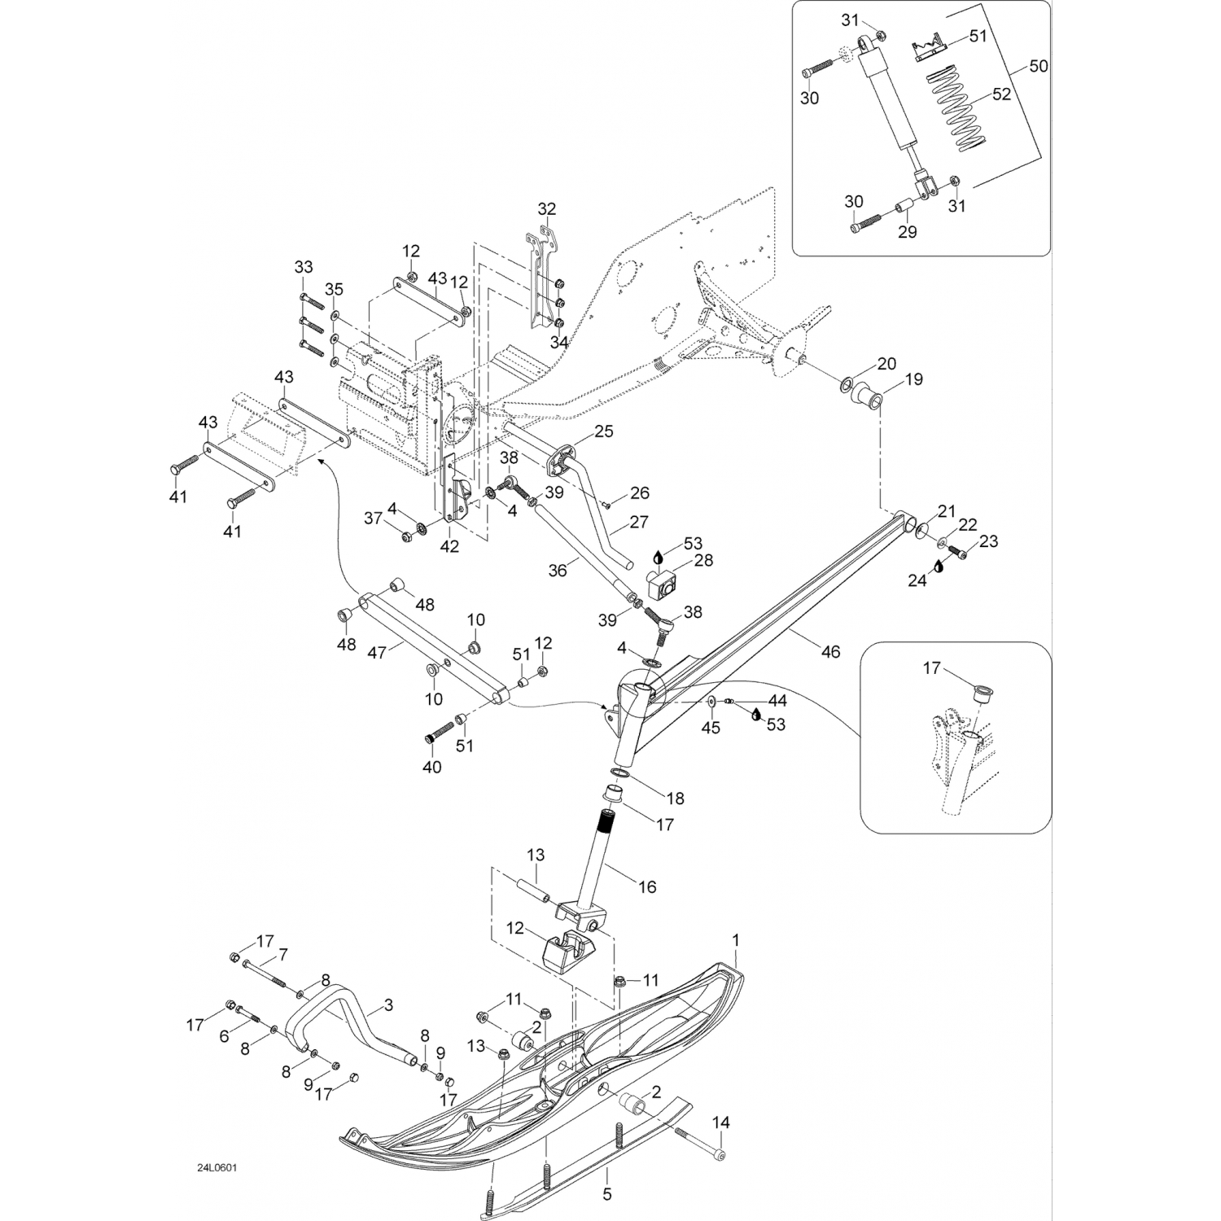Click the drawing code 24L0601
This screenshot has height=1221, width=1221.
pyautogui.click(x=217, y=1167)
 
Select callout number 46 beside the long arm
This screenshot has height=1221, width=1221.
pyautogui.click(x=830, y=651)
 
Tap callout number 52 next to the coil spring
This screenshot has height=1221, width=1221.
pyautogui.click(x=1001, y=94)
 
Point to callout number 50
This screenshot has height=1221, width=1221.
pyautogui.click(x=1039, y=66)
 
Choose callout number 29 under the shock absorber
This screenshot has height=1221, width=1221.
pyautogui.click(x=907, y=232)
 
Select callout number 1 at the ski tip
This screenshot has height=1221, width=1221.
pyautogui.click(x=737, y=940)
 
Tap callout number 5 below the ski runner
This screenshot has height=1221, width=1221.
pyautogui.click(x=607, y=1195)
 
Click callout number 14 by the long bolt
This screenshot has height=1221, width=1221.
pyautogui.click(x=720, y=1123)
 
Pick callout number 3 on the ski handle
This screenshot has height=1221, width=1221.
pyautogui.click(x=388, y=1006)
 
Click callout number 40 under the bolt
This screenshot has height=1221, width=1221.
pyautogui.click(x=431, y=767)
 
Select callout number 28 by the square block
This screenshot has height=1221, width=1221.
pyautogui.click(x=703, y=560)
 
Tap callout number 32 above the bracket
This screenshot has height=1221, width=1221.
pyautogui.click(x=546, y=208)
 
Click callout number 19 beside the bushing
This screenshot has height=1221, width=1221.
pyautogui.click(x=914, y=379)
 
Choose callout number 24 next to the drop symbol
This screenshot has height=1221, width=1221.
pyautogui.click(x=917, y=581)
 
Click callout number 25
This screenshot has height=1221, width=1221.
pyautogui.click(x=603, y=431)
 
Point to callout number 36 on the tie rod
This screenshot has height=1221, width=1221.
pyautogui.click(x=557, y=571)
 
